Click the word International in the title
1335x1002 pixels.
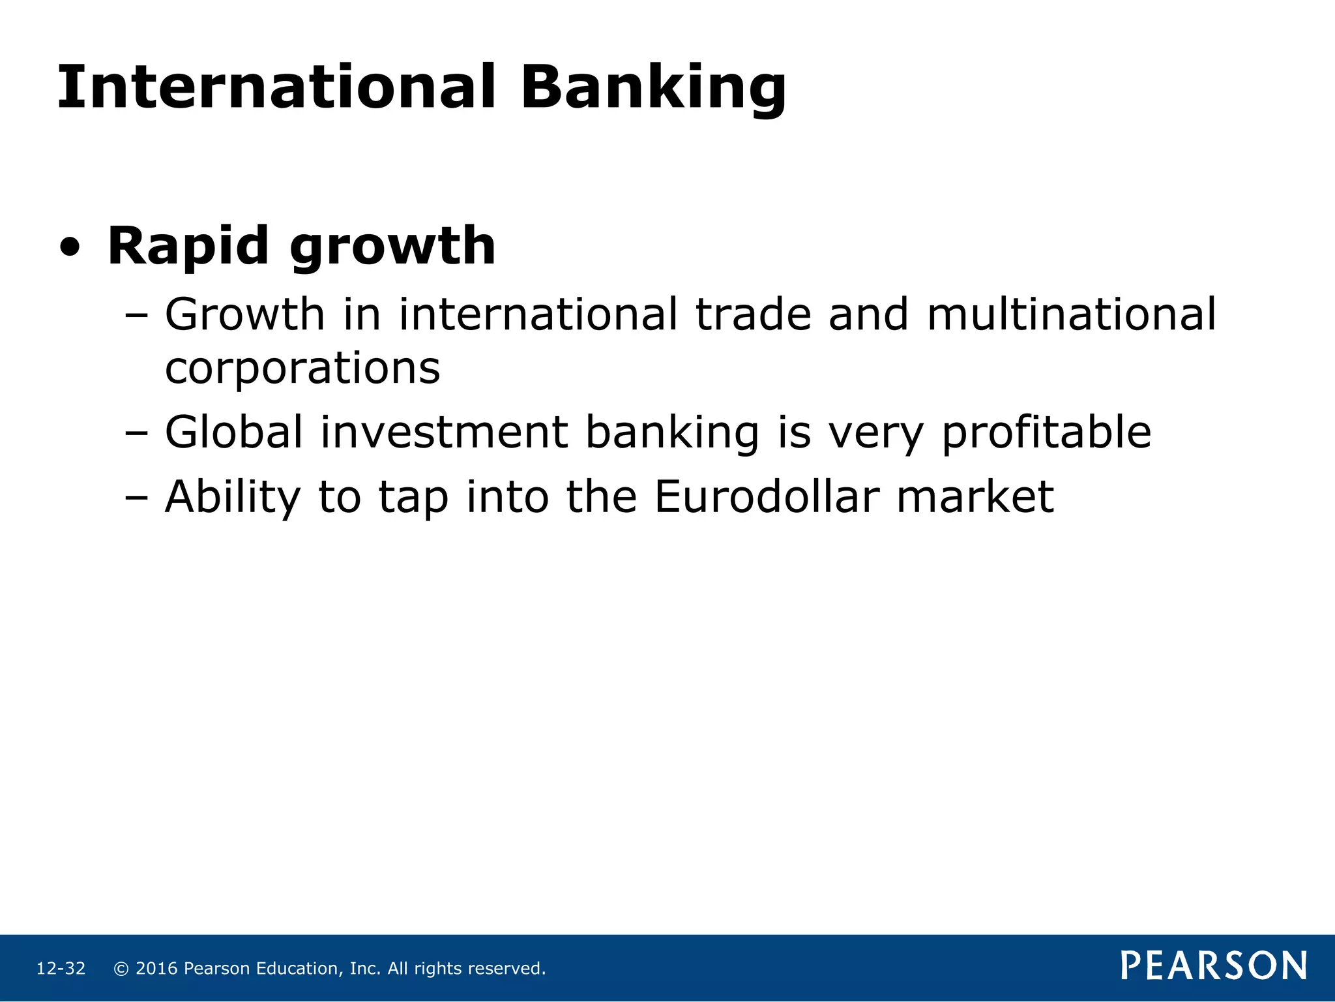click(x=276, y=87)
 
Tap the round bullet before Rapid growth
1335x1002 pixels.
click(x=70, y=247)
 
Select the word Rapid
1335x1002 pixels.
click(x=188, y=247)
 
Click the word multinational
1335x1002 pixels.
click(x=1071, y=314)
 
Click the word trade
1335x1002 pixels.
click(x=754, y=314)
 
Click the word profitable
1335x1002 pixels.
click(x=1047, y=433)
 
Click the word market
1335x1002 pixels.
click(x=975, y=497)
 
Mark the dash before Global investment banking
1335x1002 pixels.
click(x=136, y=433)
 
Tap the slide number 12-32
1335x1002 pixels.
click(x=61, y=969)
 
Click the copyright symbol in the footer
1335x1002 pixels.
click(x=121, y=969)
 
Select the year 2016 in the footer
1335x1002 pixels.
click(x=156, y=969)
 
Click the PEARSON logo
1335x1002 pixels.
click(x=1214, y=965)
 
